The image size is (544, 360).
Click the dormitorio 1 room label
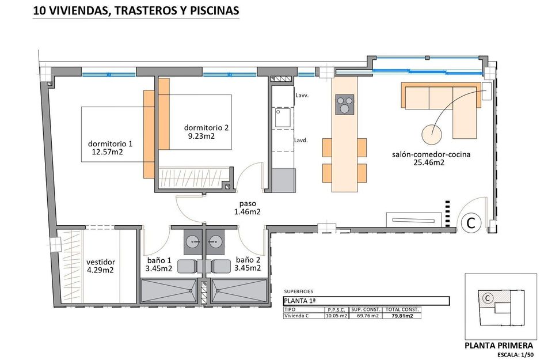110,143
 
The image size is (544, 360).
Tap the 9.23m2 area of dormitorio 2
201,137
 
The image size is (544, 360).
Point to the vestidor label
101,261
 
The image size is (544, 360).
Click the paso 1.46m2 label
248,208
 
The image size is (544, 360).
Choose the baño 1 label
158,260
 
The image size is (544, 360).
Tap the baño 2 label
248,260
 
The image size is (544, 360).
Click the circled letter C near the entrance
470,223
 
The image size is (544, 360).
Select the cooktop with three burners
345,105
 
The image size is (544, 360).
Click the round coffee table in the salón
433,134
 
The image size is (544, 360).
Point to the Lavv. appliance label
302,96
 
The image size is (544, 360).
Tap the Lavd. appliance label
300,140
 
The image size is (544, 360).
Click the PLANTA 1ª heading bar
366,301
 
